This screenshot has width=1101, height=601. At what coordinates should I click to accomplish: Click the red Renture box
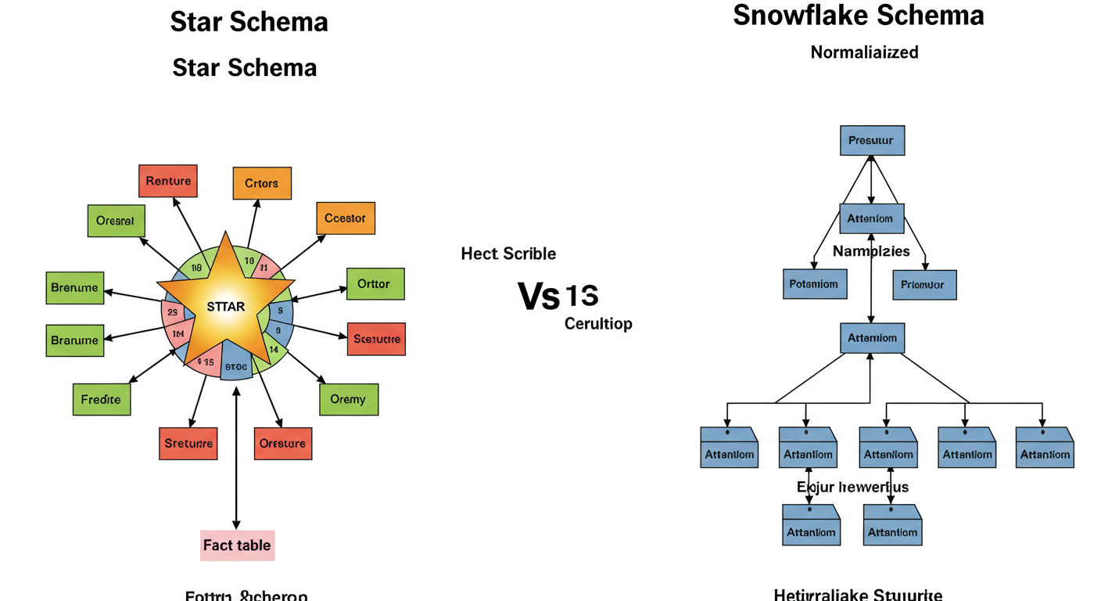[x=168, y=181]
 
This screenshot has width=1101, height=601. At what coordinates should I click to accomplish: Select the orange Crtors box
[x=262, y=183]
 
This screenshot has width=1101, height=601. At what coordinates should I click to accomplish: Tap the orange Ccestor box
[x=345, y=218]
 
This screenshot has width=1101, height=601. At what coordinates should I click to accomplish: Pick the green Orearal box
[x=116, y=221]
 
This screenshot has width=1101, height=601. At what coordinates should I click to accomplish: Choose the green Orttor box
[x=375, y=284]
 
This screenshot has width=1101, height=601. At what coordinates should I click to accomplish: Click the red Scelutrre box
[x=376, y=339]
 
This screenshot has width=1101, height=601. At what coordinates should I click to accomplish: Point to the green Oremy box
[x=349, y=399]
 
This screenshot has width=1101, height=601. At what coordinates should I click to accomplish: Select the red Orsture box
[x=283, y=443]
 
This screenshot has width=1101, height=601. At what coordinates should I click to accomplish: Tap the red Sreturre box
[x=188, y=444]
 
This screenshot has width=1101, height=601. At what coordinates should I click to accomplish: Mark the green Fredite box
[x=102, y=399]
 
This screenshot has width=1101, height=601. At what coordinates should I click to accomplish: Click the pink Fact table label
[x=237, y=545]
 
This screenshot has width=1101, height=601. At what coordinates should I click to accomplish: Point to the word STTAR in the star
[x=225, y=307]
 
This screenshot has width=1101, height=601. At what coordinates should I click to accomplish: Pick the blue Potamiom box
[x=813, y=284]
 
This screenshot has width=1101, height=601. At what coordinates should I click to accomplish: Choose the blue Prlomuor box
[x=924, y=285]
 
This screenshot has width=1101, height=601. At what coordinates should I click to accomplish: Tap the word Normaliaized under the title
[x=864, y=52]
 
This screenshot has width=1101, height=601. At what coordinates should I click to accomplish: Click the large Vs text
[x=539, y=297]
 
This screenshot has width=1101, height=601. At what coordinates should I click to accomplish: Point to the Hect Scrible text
[x=508, y=254]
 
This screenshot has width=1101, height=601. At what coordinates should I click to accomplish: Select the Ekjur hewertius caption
[x=852, y=487]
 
